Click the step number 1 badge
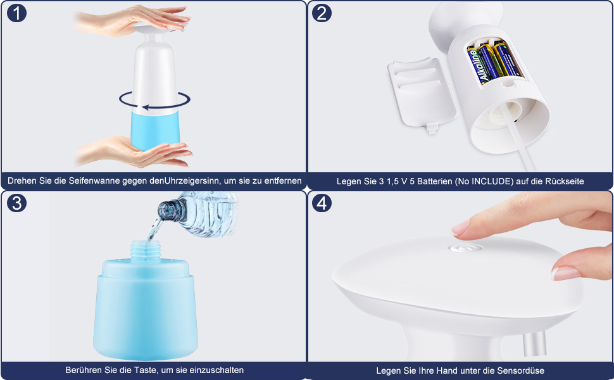(16, 13)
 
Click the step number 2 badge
(322, 13)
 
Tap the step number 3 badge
(16, 203)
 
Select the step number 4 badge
(322, 203)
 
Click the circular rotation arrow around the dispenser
(155, 107)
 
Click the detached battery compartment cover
(422, 94)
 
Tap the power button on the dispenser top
(465, 248)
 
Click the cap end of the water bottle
(167, 210)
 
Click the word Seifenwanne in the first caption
(94, 181)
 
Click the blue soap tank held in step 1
(154, 130)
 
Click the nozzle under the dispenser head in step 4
(534, 344)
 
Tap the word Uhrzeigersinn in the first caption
(192, 181)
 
